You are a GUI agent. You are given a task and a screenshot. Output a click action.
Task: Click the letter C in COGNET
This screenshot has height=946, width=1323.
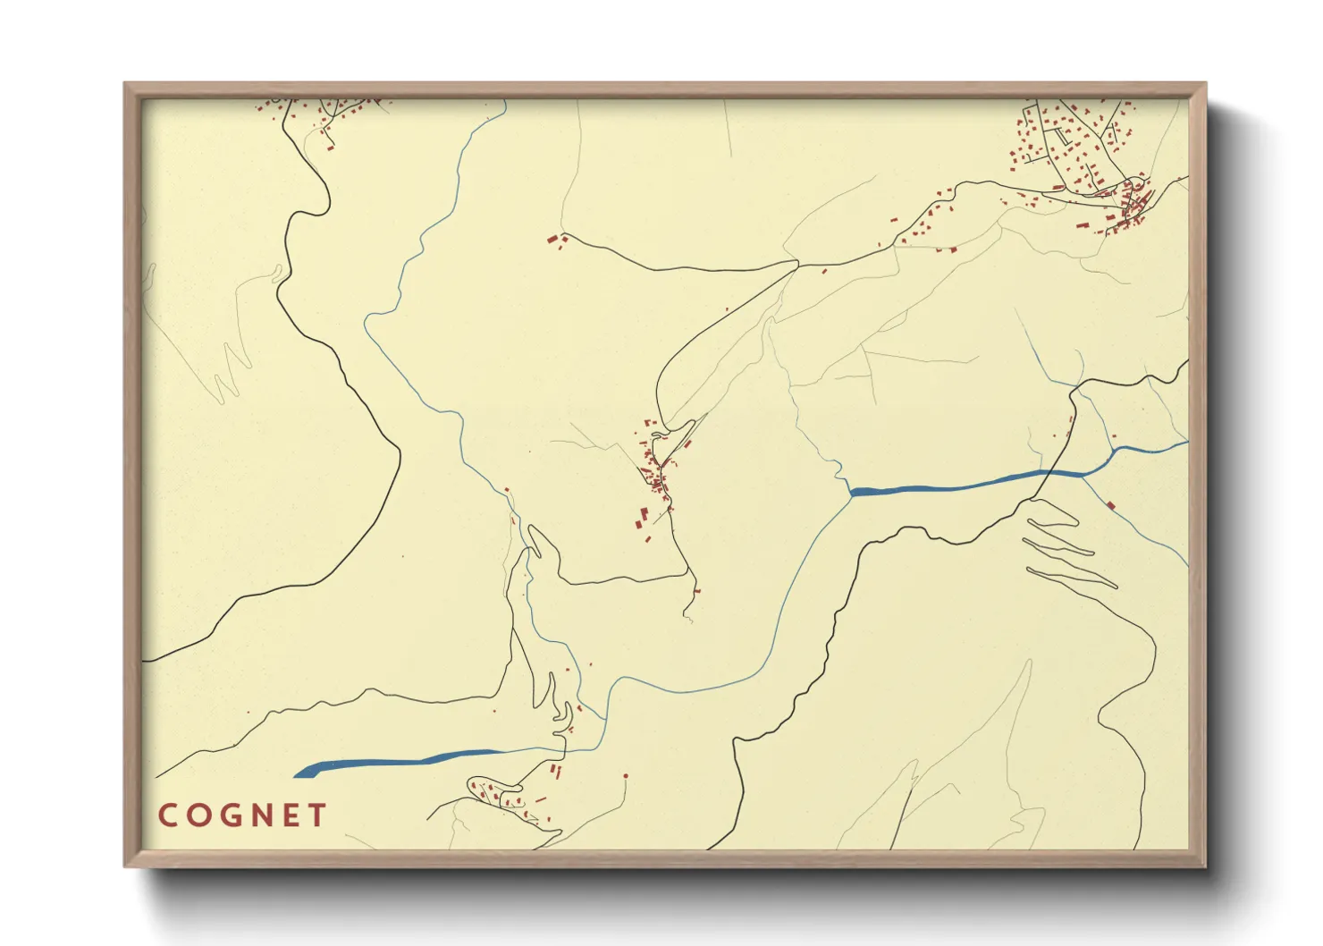[x=167, y=815]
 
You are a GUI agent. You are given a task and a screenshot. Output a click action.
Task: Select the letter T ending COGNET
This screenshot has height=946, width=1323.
[x=316, y=815]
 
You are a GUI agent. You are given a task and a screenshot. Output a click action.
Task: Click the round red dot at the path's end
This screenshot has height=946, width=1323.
[x=626, y=776]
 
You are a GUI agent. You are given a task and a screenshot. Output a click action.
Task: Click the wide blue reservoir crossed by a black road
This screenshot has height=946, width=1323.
[x=965, y=484]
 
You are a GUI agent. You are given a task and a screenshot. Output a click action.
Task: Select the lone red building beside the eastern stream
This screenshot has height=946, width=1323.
[x=1110, y=506]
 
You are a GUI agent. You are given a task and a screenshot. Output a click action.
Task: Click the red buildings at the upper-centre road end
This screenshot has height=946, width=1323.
[x=557, y=240]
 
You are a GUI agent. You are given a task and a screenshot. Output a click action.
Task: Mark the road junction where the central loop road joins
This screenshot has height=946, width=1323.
[x=796, y=262]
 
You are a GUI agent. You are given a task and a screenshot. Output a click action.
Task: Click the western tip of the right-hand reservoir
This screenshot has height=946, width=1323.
[x=852, y=491]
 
